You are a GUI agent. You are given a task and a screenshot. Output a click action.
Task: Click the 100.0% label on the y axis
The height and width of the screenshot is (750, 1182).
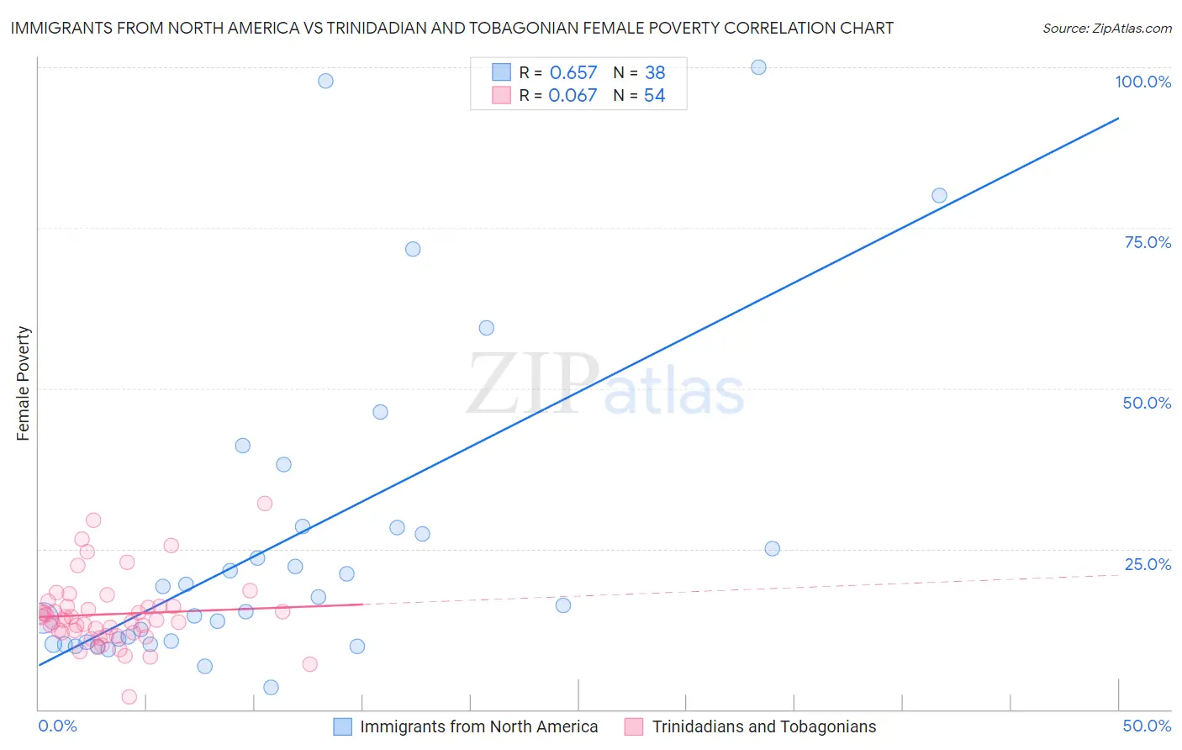tap(1142, 82)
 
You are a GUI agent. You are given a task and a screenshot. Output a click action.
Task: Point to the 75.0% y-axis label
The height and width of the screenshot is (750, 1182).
tap(1148, 242)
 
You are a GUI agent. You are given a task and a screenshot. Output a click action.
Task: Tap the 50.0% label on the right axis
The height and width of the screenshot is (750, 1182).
tap(1147, 403)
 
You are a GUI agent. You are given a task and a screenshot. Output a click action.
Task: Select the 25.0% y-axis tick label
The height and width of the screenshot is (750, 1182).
tap(1148, 564)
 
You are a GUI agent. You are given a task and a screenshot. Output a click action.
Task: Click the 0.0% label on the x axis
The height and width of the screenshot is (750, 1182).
tap(58, 726)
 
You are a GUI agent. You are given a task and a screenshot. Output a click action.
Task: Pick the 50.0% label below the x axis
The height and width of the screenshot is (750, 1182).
tap(1147, 726)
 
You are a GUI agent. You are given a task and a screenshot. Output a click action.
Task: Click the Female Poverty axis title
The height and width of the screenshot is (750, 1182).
tap(23, 383)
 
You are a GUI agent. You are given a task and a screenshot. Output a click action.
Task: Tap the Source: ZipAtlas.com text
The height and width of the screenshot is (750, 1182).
tap(1106, 28)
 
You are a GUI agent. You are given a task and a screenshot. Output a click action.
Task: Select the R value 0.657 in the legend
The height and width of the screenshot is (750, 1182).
tap(573, 73)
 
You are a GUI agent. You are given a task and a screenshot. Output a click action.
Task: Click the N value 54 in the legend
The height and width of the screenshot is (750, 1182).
tap(654, 96)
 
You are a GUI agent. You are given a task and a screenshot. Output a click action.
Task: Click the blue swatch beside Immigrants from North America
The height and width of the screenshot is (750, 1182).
tap(342, 726)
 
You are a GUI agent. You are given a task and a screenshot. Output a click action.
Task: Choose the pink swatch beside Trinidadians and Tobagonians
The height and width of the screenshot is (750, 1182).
tap(634, 726)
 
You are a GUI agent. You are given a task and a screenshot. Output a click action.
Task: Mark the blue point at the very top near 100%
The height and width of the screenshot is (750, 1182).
tap(758, 67)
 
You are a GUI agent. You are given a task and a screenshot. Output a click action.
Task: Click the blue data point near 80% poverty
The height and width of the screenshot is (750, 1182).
tap(939, 196)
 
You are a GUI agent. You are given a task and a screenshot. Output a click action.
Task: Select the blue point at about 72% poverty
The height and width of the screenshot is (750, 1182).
tap(413, 249)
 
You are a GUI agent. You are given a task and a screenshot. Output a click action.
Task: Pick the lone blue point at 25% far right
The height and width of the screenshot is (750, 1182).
tap(772, 548)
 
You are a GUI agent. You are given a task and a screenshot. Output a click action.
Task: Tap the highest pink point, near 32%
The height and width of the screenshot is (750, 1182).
tap(265, 504)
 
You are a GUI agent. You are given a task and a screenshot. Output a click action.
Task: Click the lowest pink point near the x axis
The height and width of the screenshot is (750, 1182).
tap(129, 697)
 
